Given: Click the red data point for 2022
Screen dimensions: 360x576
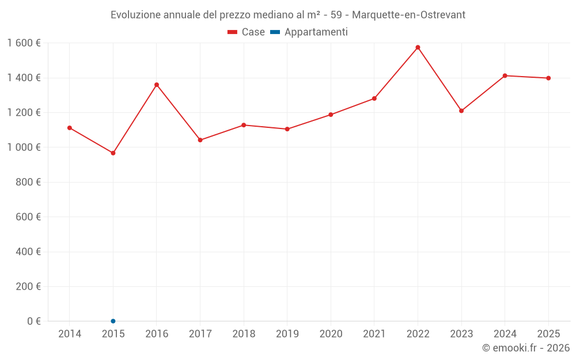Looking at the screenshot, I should coord(418,47).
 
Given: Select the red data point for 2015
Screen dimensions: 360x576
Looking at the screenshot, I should coord(113,153).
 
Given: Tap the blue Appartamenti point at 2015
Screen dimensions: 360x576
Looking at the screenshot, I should coord(113,321).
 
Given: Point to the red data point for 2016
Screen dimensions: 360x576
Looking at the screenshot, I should coord(157,85).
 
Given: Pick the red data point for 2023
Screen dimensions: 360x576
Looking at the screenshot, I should coord(461,111).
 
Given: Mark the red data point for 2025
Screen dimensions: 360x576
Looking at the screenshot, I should coord(548,78).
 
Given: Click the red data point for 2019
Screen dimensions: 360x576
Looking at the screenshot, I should coord(287,129).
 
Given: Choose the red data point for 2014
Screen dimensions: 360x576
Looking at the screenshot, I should coord(70,128).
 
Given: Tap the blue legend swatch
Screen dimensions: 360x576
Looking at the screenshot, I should coord(275,32).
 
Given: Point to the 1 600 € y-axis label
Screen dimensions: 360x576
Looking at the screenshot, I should coord(24,43).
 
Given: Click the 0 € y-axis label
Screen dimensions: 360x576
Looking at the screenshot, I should coord(32,321).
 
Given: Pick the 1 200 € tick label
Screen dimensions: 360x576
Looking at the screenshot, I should coord(24,112).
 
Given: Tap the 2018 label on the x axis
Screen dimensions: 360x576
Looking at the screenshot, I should coord(244,334).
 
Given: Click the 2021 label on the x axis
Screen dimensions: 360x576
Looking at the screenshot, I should coord(374,334).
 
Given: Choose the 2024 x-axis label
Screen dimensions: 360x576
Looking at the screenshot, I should coord(505,334).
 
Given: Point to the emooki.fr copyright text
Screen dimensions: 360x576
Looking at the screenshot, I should coord(526,348).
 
